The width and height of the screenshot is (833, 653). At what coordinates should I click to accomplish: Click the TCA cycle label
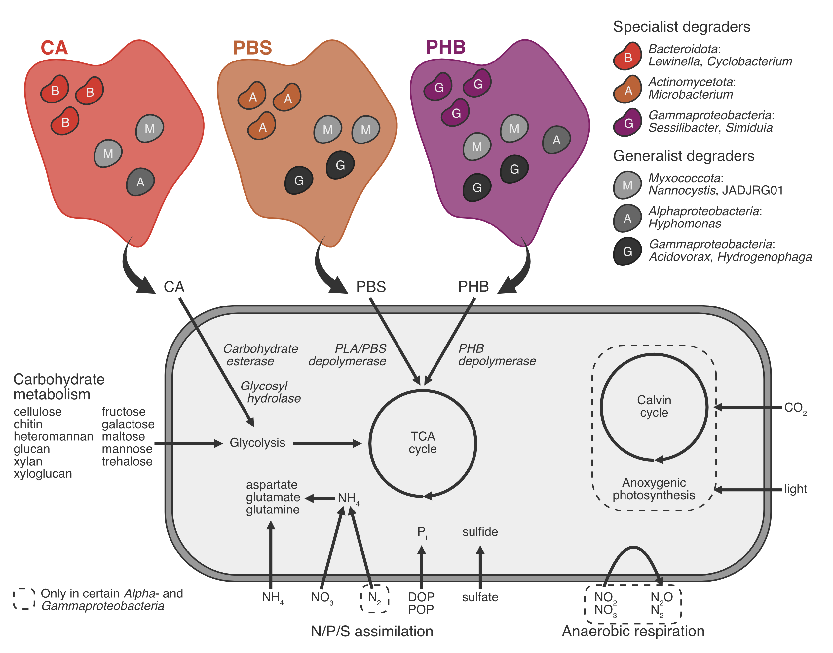tap(422, 442)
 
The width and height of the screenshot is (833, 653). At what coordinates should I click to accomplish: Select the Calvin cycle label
tap(654, 406)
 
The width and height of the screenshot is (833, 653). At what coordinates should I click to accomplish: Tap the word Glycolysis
tap(257, 443)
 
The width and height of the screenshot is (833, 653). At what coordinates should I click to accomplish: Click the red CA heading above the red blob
tap(54, 48)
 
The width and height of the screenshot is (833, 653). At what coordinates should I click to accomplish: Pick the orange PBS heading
tap(252, 48)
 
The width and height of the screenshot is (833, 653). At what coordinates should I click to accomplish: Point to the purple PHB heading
tap(445, 47)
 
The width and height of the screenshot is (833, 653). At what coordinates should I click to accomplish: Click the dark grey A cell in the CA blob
tap(140, 182)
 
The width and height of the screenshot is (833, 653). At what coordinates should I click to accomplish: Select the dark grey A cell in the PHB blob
tap(556, 140)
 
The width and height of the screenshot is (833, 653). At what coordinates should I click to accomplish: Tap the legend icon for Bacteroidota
tap(627, 57)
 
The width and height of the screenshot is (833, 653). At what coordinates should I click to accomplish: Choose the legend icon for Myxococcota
tap(627, 185)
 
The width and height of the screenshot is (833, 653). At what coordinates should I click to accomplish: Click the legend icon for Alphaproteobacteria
tap(627, 218)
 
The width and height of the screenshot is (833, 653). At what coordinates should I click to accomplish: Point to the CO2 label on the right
tap(795, 408)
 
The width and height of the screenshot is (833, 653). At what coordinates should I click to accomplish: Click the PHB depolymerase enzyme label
tap(497, 355)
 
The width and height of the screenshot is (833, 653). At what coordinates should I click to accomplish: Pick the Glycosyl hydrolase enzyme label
tap(271, 392)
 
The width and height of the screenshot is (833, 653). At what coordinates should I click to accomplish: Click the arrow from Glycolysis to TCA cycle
tap(327, 443)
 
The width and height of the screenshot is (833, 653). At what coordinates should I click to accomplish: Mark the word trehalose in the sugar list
tap(127, 461)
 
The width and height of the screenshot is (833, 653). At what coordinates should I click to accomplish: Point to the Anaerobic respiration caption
tap(633, 631)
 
